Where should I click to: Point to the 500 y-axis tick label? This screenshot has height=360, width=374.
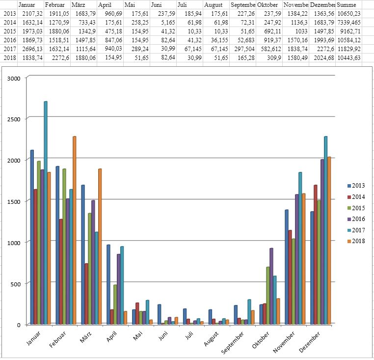[16, 284]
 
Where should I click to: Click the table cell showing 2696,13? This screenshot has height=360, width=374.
[30, 49]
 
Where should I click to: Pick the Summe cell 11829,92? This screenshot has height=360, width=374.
[348, 49]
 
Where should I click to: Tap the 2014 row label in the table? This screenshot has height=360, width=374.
[8, 22]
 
